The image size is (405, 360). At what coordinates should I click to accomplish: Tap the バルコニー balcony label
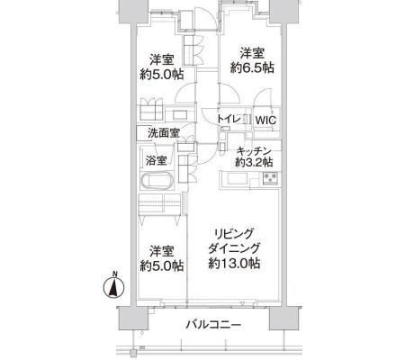pyautogui.click(x=213, y=324)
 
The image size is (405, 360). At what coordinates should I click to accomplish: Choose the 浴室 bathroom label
pyautogui.click(x=156, y=161)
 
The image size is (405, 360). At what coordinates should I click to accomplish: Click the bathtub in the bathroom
pyautogui.click(x=159, y=181)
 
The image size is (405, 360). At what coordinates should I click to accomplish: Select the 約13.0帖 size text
pyautogui.click(x=234, y=265)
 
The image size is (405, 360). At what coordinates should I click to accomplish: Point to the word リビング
pyautogui.click(x=234, y=232)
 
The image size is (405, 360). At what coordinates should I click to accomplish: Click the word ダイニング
pyautogui.click(x=234, y=248)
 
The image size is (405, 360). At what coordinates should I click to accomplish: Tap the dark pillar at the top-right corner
pyautogui.click(x=287, y=12)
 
